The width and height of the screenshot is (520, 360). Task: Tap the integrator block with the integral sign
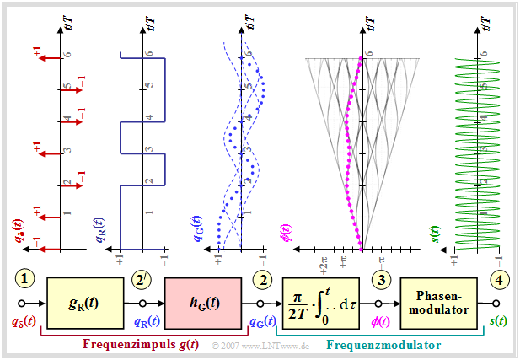326,301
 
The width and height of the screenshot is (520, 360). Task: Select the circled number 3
381,280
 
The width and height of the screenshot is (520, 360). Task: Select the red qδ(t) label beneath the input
24,321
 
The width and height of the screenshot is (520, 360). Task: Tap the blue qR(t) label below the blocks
147,321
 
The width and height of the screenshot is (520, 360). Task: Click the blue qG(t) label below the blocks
264,321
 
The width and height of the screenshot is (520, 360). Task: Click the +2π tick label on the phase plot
324,260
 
